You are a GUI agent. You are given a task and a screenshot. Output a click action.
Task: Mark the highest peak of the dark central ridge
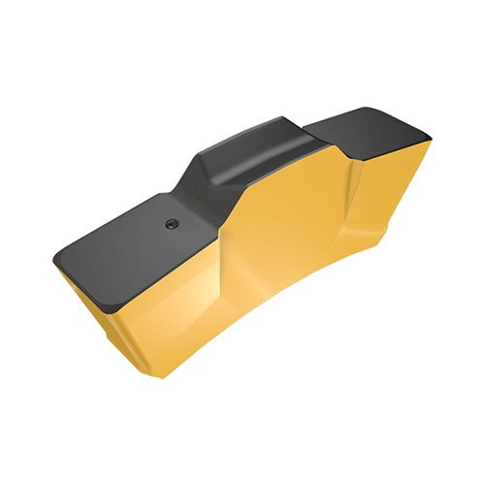pyautogui.click(x=281, y=121)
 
